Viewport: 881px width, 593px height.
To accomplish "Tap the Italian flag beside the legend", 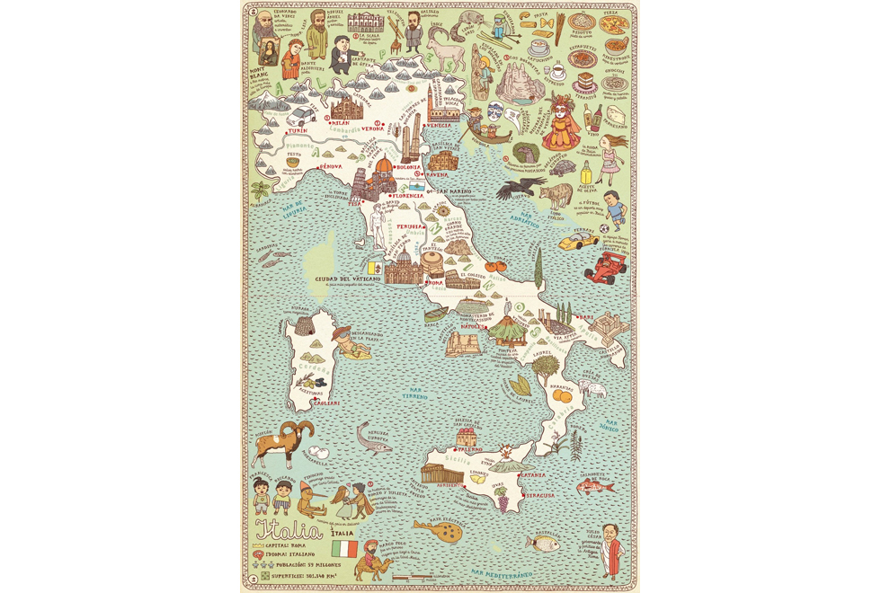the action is [344, 547].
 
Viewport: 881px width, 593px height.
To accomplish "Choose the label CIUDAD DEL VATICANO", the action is [348, 279].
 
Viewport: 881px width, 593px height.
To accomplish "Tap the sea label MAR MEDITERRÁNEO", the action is [501, 572].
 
